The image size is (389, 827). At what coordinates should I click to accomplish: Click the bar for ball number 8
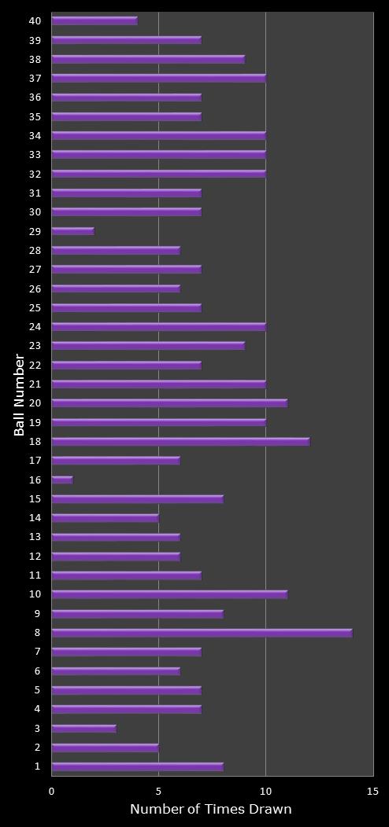(202, 633)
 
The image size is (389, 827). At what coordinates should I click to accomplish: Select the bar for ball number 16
(62, 480)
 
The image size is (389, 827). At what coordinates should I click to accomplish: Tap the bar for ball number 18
(180, 442)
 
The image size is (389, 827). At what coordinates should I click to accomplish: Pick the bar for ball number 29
(72, 231)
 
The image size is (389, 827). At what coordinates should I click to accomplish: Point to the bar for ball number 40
(94, 20)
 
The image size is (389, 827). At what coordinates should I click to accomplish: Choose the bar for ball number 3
(83, 729)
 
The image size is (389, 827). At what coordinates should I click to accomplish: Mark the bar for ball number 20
(169, 403)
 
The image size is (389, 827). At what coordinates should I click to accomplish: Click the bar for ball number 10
(169, 594)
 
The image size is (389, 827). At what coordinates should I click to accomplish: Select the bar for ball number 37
(158, 78)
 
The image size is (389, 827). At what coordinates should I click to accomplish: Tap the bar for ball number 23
(148, 346)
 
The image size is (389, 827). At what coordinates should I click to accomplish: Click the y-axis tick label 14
(35, 517)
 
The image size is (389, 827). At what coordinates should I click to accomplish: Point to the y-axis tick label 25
(35, 307)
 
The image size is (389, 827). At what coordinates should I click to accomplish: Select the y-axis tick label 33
(35, 154)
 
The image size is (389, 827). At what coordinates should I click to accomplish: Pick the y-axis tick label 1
(38, 766)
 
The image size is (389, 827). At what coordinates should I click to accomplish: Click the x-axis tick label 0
(52, 791)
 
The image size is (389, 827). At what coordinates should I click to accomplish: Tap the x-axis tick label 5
(158, 791)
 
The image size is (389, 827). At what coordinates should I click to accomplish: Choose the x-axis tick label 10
(265, 791)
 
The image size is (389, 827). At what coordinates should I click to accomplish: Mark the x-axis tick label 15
(372, 791)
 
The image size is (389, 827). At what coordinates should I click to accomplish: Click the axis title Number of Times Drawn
(211, 809)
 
